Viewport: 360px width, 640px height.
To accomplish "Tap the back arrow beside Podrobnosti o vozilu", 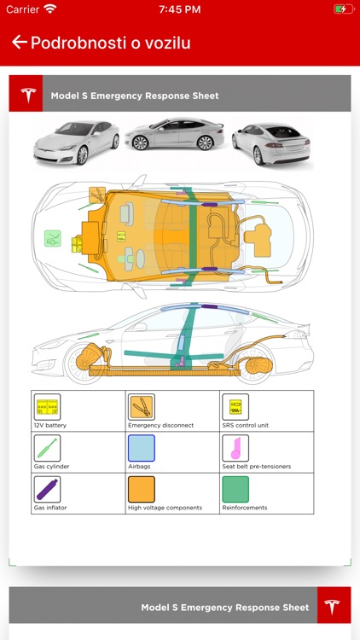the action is click(20, 42).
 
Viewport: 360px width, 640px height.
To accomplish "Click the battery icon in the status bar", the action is click(344, 9).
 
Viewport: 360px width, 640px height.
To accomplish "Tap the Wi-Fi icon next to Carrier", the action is click(50, 9).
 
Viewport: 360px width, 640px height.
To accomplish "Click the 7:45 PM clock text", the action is click(180, 9).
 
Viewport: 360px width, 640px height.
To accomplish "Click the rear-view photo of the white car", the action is click(271, 143).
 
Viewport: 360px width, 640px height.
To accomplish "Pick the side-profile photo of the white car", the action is click(175, 134).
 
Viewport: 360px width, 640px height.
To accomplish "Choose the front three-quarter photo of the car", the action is click(76, 143).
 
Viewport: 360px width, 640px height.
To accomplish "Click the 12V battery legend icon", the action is click(48, 407).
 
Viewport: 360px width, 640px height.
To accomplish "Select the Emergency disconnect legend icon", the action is click(142, 407).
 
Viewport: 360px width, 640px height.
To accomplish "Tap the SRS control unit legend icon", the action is click(235, 407).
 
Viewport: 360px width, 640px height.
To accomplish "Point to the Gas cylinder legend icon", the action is click(48, 448).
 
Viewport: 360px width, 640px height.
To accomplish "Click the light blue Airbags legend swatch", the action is click(142, 448).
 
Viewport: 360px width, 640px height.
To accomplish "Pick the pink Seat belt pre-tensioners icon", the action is click(235, 448).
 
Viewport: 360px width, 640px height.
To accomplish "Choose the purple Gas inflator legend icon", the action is click(48, 490).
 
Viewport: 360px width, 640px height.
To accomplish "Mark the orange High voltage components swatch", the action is click(142, 490).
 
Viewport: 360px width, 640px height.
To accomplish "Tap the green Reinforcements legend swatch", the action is click(235, 490).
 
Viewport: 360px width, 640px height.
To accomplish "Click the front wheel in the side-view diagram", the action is click(84, 362).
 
